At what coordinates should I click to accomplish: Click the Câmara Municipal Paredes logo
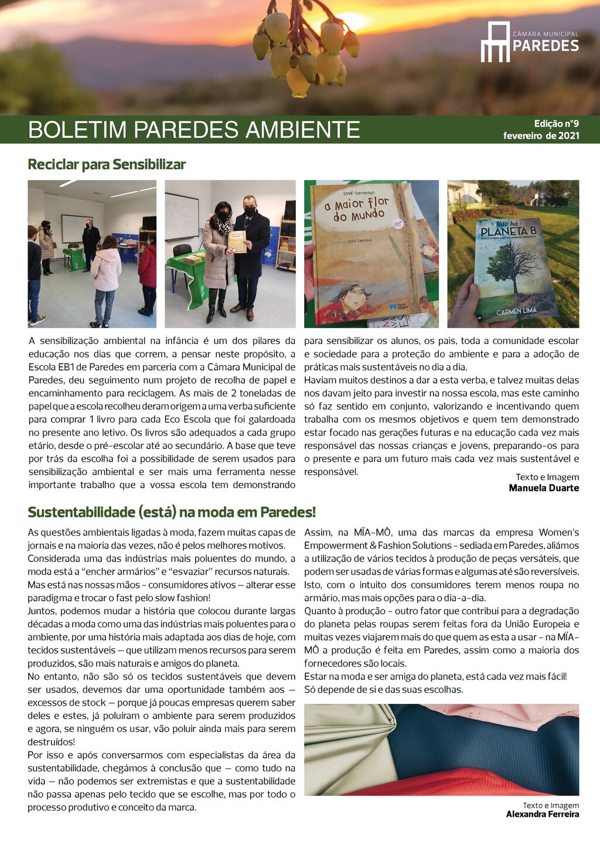[x=529, y=42]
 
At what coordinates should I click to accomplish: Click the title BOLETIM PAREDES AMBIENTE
[x=194, y=130]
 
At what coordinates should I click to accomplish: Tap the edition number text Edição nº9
[x=556, y=124]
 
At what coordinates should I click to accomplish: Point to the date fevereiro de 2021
[x=541, y=136]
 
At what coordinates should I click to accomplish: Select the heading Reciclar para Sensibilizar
[x=107, y=164]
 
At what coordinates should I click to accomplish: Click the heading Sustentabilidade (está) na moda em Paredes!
[x=172, y=512]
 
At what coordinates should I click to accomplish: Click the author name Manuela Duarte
[x=544, y=488]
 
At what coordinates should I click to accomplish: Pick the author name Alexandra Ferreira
[x=542, y=814]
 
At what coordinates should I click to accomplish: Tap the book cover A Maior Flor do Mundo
[x=366, y=252]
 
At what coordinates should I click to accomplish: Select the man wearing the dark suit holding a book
[x=251, y=252]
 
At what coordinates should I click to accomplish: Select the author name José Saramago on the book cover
[x=350, y=193]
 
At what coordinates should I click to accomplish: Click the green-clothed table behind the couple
[x=187, y=275]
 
